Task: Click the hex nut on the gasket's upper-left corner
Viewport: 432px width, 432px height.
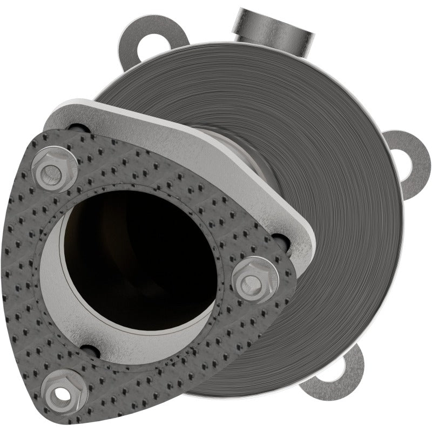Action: pyautogui.click(x=54, y=170)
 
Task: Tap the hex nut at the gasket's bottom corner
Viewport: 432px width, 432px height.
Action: pyautogui.click(x=64, y=391)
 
